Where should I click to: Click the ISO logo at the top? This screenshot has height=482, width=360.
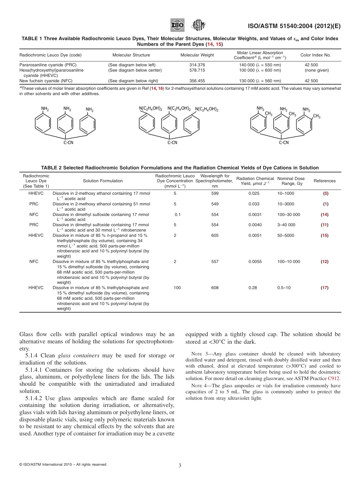coord(178,25)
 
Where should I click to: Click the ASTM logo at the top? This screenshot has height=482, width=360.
coord(199,25)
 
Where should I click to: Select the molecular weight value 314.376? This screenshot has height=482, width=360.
coord(197,65)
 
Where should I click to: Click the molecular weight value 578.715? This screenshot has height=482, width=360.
coord(197,70)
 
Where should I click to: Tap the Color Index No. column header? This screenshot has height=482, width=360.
coord(315,55)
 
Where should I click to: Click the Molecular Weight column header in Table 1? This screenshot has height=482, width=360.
coord(197,55)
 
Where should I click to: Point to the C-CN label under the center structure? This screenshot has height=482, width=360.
coord(172,143)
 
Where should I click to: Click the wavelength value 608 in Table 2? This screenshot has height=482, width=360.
coord(215,288)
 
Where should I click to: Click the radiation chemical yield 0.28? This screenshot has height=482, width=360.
coord(253,288)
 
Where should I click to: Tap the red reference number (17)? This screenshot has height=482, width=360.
coord(324,288)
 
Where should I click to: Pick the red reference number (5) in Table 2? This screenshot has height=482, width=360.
coord(326,193)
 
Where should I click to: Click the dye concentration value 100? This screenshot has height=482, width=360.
coord(177,288)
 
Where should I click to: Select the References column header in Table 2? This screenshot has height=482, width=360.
coord(324,181)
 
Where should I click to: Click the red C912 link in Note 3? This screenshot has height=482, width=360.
coord(334,379)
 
